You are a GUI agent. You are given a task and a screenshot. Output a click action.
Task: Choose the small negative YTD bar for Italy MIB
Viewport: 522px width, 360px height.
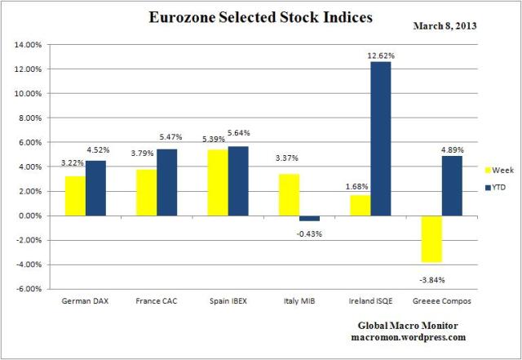click(x=309, y=218)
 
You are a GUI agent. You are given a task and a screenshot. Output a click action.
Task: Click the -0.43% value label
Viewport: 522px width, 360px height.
click(x=310, y=233)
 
